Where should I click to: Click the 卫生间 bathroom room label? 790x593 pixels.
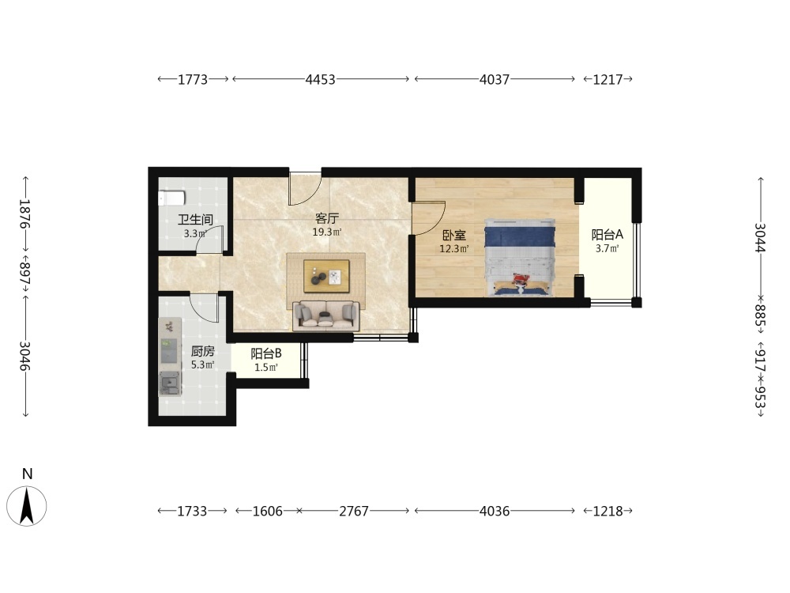[x=195, y=220]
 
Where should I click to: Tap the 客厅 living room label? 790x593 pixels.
[x=326, y=219]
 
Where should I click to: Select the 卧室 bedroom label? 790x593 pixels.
[x=454, y=236]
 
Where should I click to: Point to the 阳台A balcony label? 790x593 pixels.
[x=607, y=235]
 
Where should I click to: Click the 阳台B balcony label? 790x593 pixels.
[x=266, y=354]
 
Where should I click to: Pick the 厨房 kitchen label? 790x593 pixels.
[x=202, y=351]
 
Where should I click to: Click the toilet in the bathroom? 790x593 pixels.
[x=171, y=198]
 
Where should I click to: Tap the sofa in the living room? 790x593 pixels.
[x=326, y=315]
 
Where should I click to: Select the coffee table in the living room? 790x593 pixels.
[x=326, y=276]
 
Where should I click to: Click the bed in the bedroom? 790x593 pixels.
[x=520, y=257]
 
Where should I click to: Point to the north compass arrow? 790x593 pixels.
[x=27, y=506]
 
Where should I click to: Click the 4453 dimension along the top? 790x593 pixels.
[x=321, y=79]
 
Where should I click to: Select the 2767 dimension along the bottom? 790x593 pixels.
[x=354, y=512]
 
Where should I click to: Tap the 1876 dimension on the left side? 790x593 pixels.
[x=24, y=213]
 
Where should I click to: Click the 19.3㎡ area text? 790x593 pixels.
[x=327, y=232]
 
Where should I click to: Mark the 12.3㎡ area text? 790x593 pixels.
[x=454, y=248]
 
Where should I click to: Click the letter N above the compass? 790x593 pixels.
[x=27, y=474]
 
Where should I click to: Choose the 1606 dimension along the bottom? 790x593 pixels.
[x=268, y=512]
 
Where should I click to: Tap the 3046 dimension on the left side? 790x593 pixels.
[x=24, y=356]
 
